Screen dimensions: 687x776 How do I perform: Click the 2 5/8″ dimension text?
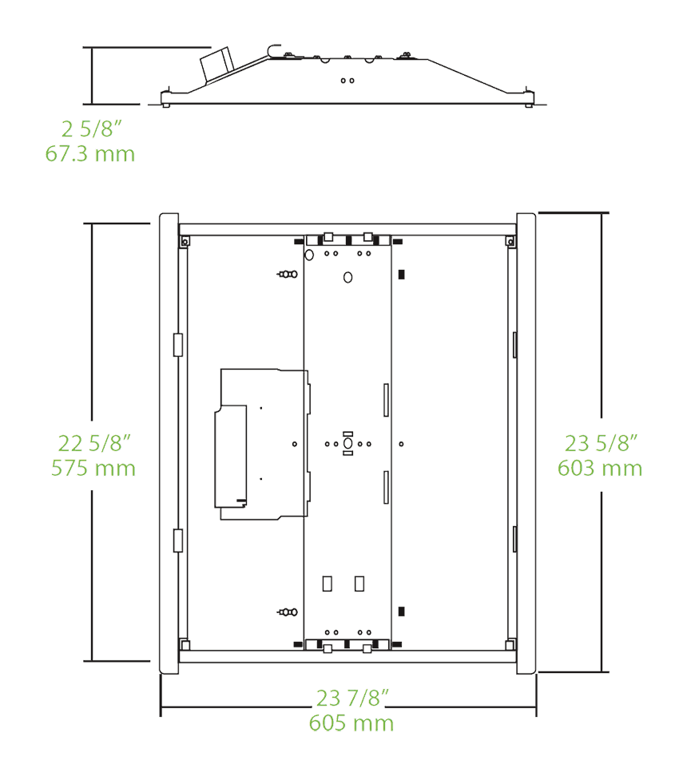pos(92,129)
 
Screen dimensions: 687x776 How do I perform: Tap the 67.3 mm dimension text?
pos(90,153)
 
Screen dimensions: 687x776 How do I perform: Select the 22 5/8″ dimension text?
pos(94,443)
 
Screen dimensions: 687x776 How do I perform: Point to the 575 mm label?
pos(93,468)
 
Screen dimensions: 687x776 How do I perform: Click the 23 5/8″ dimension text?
pos(601,443)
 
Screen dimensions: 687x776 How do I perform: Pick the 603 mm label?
pos(600,468)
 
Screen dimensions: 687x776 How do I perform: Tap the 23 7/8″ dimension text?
pos(352,698)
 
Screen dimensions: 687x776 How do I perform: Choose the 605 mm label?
pos(351,723)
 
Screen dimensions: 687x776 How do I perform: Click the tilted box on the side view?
pos(216,65)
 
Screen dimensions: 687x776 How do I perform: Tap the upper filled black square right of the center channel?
pos(401,274)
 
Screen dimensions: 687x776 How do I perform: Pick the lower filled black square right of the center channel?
pos(401,612)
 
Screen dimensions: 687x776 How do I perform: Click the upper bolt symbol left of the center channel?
pos(288,274)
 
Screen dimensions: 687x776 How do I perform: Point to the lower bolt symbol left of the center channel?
pos(288,612)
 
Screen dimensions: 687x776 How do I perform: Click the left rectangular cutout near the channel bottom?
pos(327,584)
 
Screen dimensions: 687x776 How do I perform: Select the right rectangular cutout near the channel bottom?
pos(359,584)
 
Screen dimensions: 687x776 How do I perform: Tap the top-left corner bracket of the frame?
pos(185,242)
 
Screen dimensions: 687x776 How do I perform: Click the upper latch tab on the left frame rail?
pos(178,345)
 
